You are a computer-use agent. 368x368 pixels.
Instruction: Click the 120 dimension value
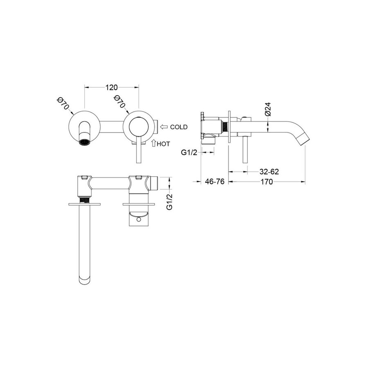111,88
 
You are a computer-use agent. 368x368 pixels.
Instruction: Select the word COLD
179,127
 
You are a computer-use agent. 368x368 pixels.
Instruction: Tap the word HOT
163,144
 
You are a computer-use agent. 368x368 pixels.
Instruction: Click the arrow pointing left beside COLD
164,127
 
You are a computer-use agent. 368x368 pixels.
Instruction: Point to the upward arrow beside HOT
154,143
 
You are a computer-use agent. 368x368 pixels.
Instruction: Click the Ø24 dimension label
268,109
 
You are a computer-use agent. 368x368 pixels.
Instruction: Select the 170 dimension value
267,182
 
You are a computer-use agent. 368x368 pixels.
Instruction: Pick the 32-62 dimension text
269,172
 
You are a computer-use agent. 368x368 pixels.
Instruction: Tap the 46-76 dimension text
215,182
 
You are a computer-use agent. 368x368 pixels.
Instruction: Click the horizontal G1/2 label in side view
189,153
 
